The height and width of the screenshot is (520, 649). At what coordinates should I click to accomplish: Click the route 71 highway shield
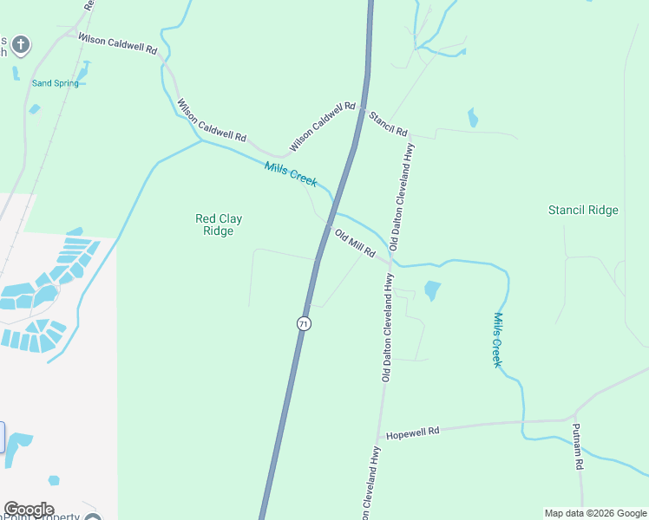pyautogui.click(x=303, y=323)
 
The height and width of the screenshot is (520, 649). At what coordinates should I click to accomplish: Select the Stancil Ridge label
pyautogui.click(x=583, y=210)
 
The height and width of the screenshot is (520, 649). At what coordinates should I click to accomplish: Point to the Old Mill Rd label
pyautogui.click(x=355, y=244)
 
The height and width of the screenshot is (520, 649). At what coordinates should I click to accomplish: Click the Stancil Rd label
pyautogui.click(x=388, y=124)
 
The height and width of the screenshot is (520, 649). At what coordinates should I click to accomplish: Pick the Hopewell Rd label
pyautogui.click(x=413, y=432)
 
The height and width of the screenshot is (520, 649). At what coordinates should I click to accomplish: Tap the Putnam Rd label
pyautogui.click(x=578, y=448)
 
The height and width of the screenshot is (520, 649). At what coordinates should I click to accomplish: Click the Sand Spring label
pyautogui.click(x=54, y=83)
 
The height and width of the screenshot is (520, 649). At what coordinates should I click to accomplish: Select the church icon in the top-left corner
pyautogui.click(x=21, y=44)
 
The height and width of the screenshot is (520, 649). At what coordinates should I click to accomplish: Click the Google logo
pyautogui.click(x=29, y=510)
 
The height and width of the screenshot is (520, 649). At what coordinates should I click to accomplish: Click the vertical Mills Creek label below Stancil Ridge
pyautogui.click(x=497, y=340)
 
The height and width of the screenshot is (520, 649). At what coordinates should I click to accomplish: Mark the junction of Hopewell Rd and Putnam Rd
pyautogui.click(x=574, y=421)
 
